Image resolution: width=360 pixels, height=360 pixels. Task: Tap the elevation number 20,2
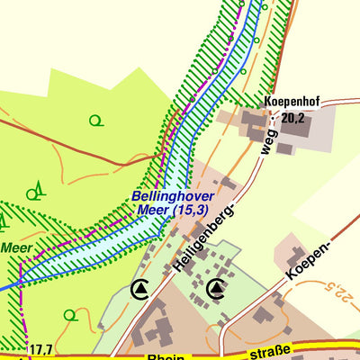pos(292,117)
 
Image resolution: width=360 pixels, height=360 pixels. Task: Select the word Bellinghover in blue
pos(171,195)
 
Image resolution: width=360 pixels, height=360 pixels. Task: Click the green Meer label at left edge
pos(15,246)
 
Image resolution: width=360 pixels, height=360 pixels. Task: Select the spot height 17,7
pos(40,349)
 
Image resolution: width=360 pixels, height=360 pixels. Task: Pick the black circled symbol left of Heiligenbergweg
pos(140,288)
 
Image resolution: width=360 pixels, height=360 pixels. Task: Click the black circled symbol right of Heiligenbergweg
pos(216,288)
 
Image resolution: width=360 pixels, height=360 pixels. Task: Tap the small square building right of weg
pos(283,148)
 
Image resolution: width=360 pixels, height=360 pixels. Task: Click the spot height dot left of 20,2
pos(275,118)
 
